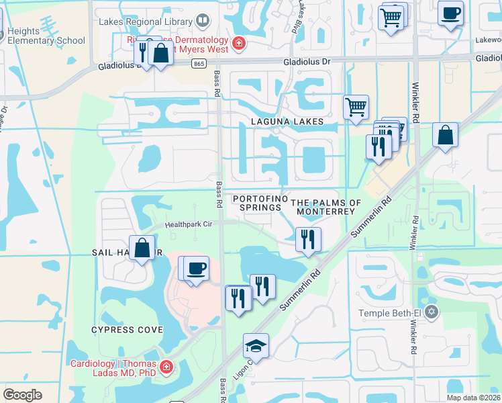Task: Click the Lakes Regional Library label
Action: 144,21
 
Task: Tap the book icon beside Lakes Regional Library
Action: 201,21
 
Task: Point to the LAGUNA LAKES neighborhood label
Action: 287,122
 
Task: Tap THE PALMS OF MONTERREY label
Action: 325,207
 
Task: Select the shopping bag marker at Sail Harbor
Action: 143,248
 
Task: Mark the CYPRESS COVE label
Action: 128,330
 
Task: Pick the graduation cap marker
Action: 256,346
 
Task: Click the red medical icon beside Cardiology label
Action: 165,368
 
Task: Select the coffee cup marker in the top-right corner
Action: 450,12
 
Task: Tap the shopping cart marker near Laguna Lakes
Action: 355,106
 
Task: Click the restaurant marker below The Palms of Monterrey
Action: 308,239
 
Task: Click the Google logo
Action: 23,395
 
